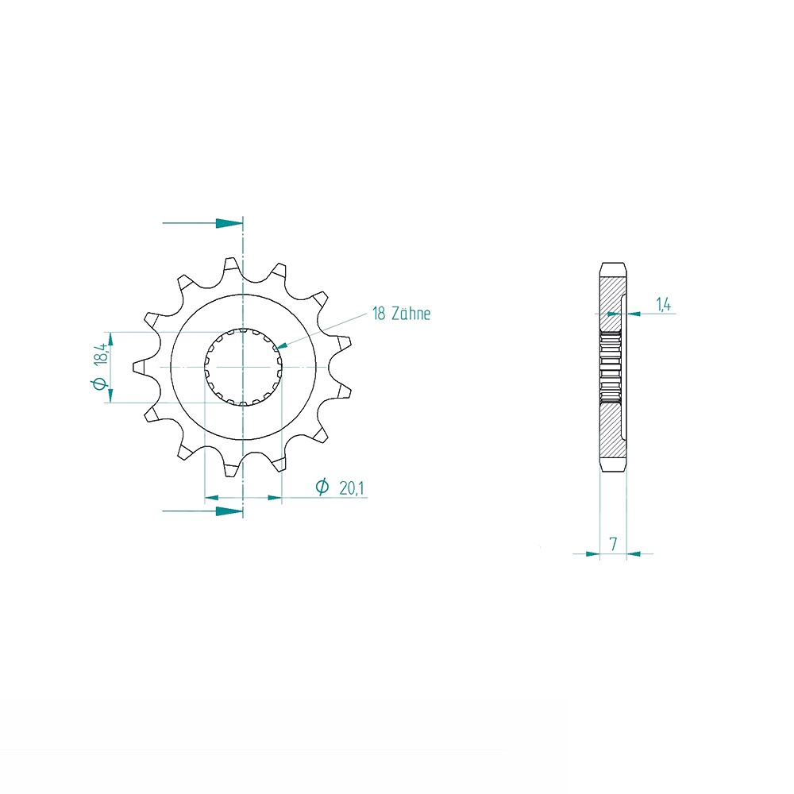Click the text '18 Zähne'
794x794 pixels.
[x=401, y=314]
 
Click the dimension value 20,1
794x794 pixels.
[x=352, y=488]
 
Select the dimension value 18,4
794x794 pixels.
[x=100, y=354]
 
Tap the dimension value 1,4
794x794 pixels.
[x=663, y=304]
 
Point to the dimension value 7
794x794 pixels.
[x=613, y=544]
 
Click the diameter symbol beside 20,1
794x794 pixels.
[x=322, y=488]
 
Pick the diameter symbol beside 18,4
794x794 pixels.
[x=99, y=384]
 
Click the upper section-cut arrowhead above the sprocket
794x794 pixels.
[x=229, y=223]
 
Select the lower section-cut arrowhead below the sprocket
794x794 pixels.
[x=229, y=511]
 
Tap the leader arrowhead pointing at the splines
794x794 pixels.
[x=282, y=345]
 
